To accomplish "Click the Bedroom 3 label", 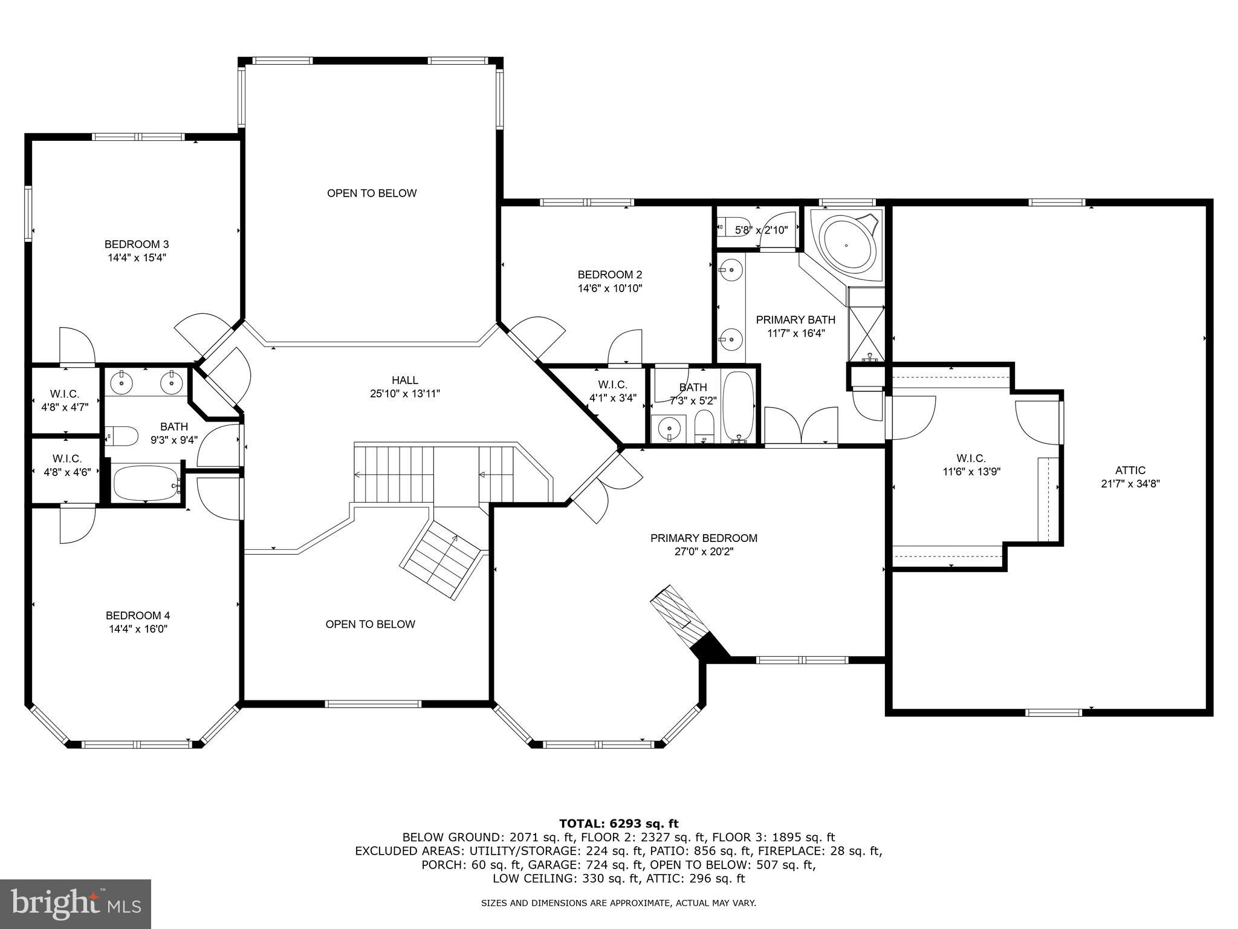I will point(137,244).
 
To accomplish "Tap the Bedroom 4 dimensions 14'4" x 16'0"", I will point(137,629).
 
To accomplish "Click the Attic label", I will point(1130,470).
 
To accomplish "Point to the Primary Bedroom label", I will point(704,538).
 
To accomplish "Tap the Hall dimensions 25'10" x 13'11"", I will point(404,394).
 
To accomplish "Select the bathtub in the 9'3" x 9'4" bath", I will point(147,483).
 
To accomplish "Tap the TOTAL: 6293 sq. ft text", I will point(618,823).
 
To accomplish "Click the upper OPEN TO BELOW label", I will point(372,193).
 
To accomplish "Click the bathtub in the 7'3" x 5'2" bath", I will point(738,406).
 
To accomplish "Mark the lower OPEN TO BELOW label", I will point(370,624).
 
